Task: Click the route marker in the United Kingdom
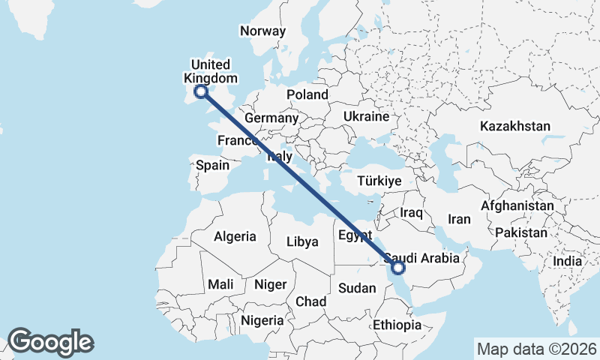tap(200, 92)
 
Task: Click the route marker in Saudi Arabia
tap(398, 267)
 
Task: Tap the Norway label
tap(262, 31)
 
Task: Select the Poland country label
tap(307, 95)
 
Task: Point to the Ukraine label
tap(366, 117)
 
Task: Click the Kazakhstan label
tap(515, 126)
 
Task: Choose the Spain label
tap(212, 165)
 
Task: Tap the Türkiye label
tap(379, 181)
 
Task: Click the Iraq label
tap(412, 213)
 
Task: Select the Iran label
tap(459, 220)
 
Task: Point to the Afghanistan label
tap(517, 205)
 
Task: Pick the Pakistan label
tap(521, 232)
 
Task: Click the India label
tap(568, 262)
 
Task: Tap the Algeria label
tap(235, 237)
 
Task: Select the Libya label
tap(303, 242)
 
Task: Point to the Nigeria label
tap(262, 320)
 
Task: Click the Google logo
tap(50, 341)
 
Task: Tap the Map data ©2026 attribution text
tap(536, 349)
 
